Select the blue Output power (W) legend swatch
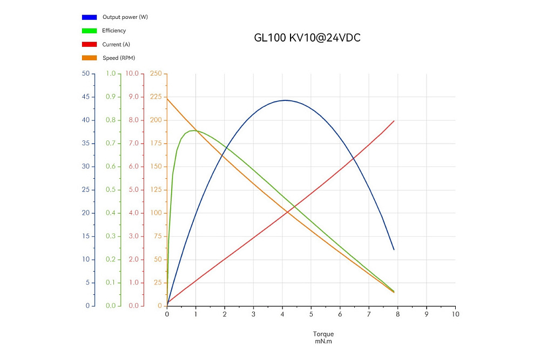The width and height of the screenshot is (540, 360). pos(89,17)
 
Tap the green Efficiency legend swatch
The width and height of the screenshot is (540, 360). pos(89,31)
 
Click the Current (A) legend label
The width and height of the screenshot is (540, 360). pos(116,44)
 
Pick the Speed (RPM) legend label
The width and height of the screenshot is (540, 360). pos(119,58)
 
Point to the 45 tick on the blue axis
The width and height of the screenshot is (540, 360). pos(85,97)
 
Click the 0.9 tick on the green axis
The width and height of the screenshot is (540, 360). pos(111,97)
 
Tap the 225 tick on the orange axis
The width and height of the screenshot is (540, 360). pos(156,97)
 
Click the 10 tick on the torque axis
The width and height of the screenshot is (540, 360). pos(455,314)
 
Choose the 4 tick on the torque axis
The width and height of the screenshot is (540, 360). pos(282,314)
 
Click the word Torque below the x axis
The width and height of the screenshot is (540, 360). pos(323,334)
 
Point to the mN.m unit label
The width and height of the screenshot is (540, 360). pos(323,341)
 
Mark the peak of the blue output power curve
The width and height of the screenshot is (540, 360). pos(285,100)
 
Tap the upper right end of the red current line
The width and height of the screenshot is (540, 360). pos(394,121)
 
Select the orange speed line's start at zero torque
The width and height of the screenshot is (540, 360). pos(167,98)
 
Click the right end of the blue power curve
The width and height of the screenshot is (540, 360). pos(394,249)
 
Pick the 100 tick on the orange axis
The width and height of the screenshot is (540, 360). pos(156,213)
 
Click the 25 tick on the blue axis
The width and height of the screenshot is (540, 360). pos(85,190)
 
